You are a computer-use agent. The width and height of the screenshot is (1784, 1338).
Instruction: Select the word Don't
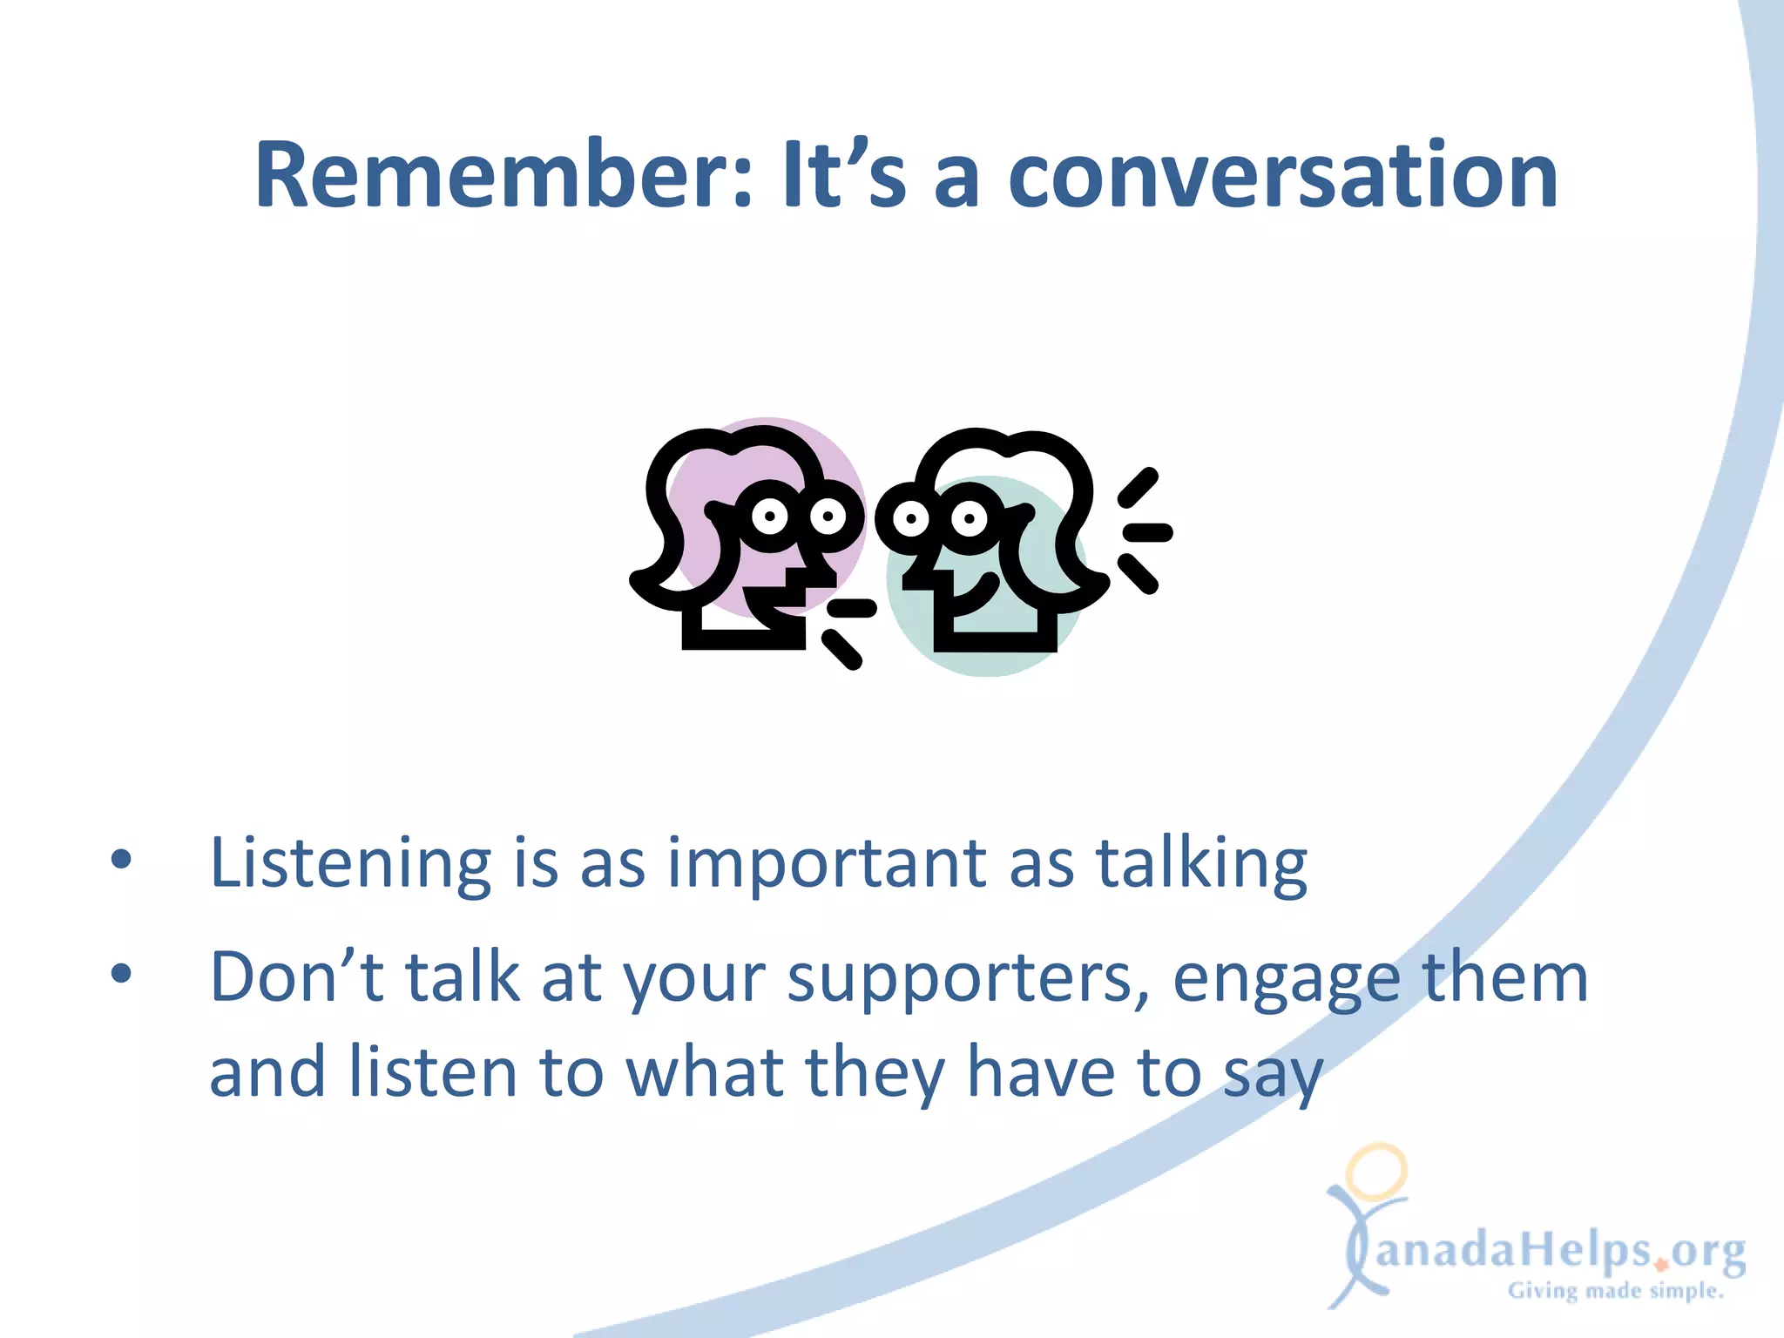click(296, 977)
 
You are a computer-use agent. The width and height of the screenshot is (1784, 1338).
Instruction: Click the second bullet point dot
click(121, 974)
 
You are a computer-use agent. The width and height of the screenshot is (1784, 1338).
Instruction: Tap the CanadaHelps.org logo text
click(1559, 1251)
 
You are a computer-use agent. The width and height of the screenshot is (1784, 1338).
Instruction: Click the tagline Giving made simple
click(1616, 1291)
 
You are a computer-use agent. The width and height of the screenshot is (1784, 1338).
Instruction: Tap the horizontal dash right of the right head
click(1148, 532)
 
